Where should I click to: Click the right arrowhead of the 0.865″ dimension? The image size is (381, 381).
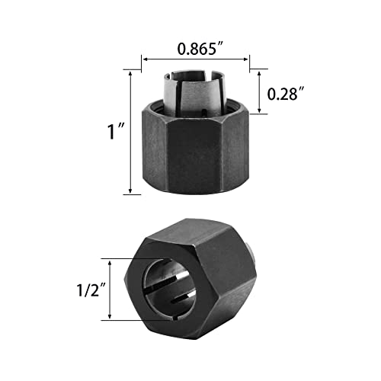(248, 58)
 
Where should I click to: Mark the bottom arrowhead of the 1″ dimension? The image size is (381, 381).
(131, 192)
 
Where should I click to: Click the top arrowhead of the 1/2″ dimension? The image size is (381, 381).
(114, 260)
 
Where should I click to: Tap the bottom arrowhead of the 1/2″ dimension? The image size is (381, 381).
(114, 319)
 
